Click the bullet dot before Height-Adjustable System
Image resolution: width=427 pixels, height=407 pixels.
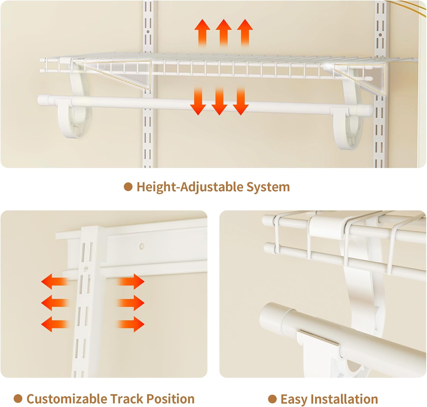pos(128,187)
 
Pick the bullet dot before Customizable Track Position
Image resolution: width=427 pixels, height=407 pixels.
pos(18,398)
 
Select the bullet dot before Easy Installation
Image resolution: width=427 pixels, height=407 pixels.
pos(272,399)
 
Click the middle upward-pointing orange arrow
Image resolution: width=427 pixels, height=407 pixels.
pos(224,33)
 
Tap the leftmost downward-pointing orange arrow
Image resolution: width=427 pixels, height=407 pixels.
pos(198,101)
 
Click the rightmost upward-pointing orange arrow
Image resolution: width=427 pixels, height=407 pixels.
pos(245,33)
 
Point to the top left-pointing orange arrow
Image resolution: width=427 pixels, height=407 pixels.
pos(55,282)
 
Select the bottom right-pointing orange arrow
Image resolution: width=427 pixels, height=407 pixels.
pos(131,324)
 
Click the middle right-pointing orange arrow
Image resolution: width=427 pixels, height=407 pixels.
pos(131,303)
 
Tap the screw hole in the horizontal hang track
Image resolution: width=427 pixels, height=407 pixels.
pos(142,246)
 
